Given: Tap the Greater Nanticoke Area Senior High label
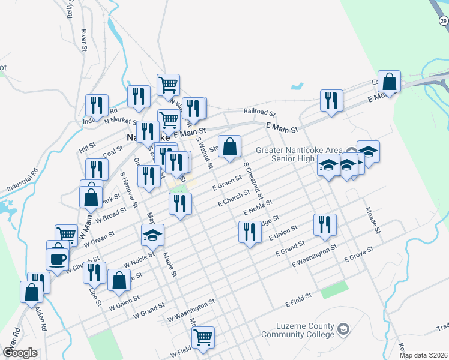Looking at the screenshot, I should click(300, 154).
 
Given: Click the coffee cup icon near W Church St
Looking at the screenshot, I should click(57, 259).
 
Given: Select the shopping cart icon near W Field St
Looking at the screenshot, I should click(203, 337).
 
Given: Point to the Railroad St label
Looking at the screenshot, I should click(259, 112).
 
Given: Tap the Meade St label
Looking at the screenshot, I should click(373, 220).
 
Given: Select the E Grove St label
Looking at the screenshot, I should click(358, 254).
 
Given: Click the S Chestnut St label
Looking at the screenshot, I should click(253, 180).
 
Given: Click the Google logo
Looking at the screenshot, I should click(20, 352).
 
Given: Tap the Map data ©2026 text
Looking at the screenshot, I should click(424, 355).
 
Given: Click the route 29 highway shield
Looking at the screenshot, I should click(443, 22).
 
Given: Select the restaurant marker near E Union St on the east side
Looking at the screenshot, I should click(325, 224).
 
